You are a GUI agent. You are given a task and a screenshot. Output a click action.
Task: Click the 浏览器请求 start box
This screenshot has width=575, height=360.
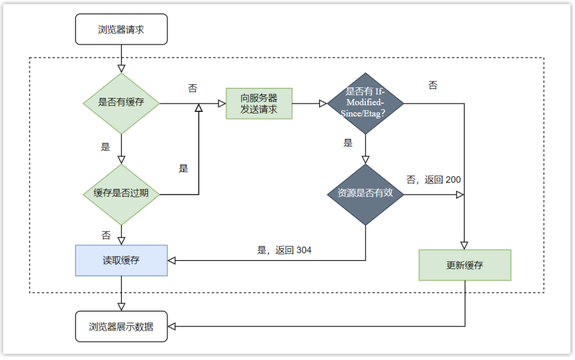(121, 29)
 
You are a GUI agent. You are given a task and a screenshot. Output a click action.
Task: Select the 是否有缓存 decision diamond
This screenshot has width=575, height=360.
(121, 103)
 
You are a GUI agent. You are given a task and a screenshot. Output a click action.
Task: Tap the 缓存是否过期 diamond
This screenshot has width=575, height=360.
(121, 194)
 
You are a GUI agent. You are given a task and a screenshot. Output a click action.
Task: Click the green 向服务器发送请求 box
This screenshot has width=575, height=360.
(259, 103)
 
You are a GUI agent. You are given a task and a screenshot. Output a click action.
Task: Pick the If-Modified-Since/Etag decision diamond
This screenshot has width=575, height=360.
(365, 103)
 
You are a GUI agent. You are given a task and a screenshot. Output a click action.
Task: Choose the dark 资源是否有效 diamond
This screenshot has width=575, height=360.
(365, 194)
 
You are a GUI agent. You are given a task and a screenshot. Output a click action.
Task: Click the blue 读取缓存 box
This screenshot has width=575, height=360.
(121, 260)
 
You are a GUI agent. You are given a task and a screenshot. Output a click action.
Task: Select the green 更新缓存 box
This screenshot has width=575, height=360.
(465, 265)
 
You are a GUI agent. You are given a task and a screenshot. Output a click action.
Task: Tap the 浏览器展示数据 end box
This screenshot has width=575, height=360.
(121, 326)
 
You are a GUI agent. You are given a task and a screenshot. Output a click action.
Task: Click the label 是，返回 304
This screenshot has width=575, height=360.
(284, 250)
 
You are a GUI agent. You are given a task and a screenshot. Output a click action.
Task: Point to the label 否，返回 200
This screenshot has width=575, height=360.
(433, 180)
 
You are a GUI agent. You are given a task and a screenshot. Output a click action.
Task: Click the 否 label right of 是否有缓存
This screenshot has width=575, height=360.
(193, 88)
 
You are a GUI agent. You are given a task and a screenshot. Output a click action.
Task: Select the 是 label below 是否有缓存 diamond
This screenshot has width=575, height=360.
(105, 147)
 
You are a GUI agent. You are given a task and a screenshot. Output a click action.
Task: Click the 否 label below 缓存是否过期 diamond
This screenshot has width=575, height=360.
(105, 235)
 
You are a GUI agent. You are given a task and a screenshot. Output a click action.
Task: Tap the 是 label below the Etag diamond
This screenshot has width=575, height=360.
(348, 143)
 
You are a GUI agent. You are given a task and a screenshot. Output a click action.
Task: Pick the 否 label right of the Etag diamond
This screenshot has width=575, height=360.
(433, 85)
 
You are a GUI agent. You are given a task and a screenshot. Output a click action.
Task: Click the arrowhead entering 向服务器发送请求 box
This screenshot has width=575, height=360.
(222, 103)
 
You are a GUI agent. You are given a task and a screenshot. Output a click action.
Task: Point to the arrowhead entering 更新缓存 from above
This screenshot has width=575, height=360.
(464, 246)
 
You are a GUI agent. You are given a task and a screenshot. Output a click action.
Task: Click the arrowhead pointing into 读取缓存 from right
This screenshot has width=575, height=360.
(172, 260)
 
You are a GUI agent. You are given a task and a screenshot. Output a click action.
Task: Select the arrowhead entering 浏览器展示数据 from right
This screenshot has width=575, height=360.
(172, 326)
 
